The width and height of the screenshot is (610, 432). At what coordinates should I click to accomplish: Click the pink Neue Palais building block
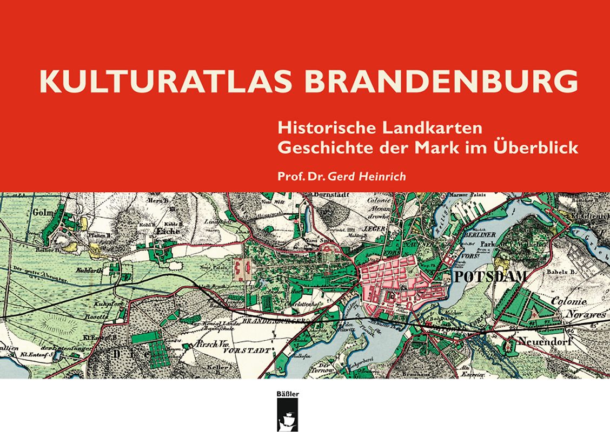[241, 266]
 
